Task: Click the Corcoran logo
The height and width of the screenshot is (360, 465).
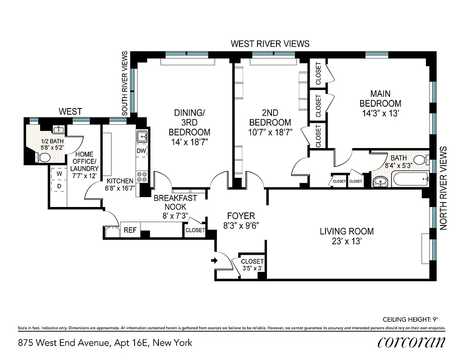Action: click(x=411, y=342)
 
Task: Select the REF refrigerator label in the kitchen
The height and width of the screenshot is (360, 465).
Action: click(x=130, y=230)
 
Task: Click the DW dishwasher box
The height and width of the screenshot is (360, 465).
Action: click(x=141, y=151)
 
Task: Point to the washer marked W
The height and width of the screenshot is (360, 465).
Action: click(x=59, y=173)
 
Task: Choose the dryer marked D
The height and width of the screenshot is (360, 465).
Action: click(x=59, y=186)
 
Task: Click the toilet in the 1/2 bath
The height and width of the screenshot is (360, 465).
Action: click(x=44, y=157)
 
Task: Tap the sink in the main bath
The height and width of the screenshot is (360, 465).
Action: click(x=381, y=182)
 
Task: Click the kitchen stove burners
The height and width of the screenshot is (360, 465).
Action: click(x=142, y=177)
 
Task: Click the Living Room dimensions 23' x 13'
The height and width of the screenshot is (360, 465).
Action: click(x=347, y=241)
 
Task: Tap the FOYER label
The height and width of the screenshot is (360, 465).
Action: click(x=241, y=216)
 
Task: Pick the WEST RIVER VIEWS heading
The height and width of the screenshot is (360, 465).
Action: click(x=270, y=44)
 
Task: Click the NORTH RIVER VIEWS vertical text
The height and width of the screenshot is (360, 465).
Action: click(x=443, y=188)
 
